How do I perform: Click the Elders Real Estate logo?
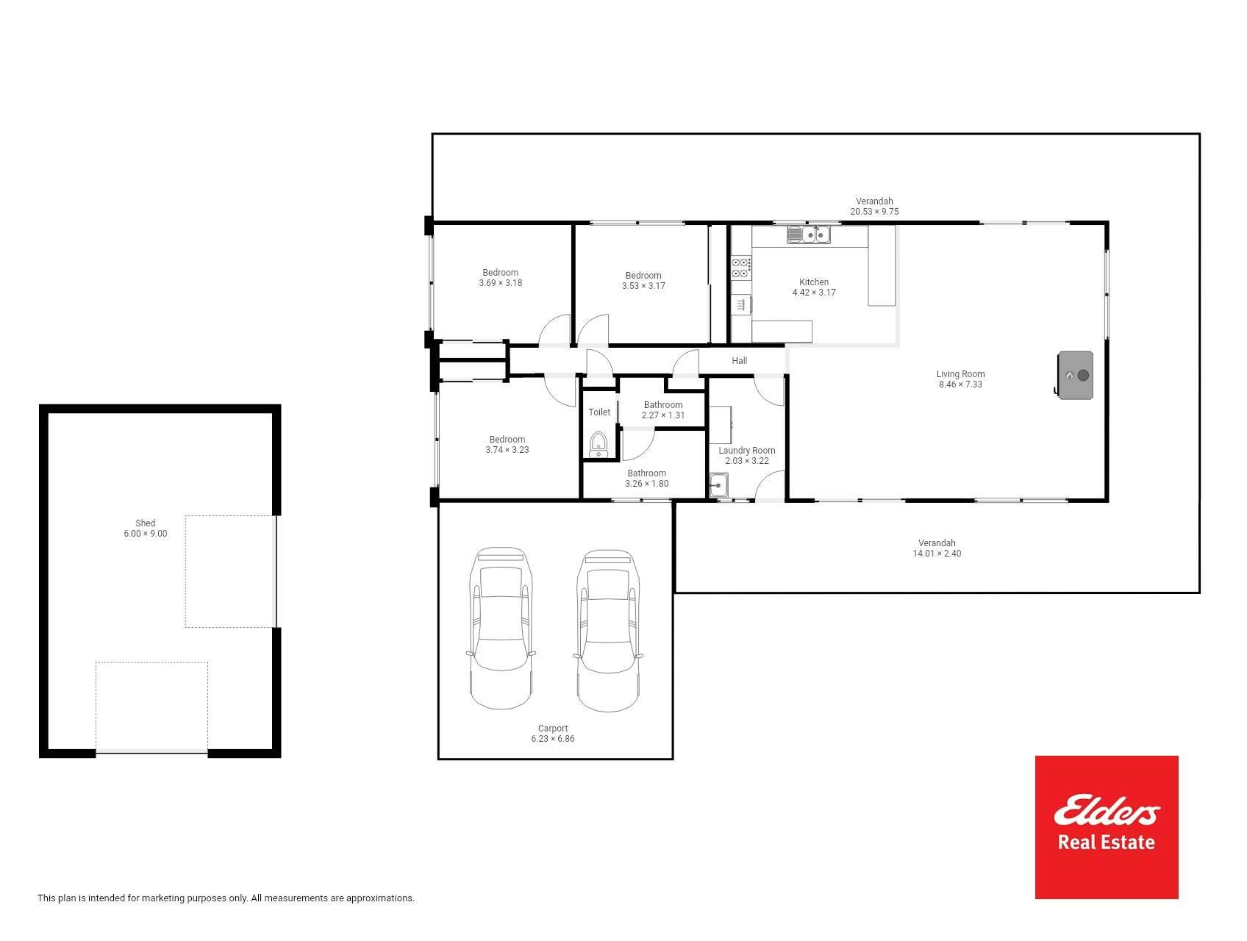(x=1107, y=827)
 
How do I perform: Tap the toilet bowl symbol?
(x=599, y=445)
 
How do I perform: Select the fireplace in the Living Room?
(x=1076, y=375)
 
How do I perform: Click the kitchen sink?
(x=809, y=235)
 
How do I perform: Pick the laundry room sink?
(x=718, y=485)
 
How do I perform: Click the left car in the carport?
(x=501, y=628)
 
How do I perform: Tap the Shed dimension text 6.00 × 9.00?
(x=146, y=534)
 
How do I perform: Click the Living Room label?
(x=960, y=374)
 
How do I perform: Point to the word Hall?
(x=740, y=361)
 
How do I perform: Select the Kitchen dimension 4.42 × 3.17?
(x=814, y=293)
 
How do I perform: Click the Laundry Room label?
(x=747, y=451)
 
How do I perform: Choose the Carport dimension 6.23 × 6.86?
(x=553, y=739)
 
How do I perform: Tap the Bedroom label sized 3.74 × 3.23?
(x=507, y=440)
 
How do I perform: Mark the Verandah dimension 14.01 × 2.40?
(x=937, y=554)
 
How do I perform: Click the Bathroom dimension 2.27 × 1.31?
(x=663, y=415)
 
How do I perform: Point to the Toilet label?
(x=599, y=412)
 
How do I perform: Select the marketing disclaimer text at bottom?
(x=226, y=898)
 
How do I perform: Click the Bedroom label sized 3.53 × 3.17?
(x=643, y=276)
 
